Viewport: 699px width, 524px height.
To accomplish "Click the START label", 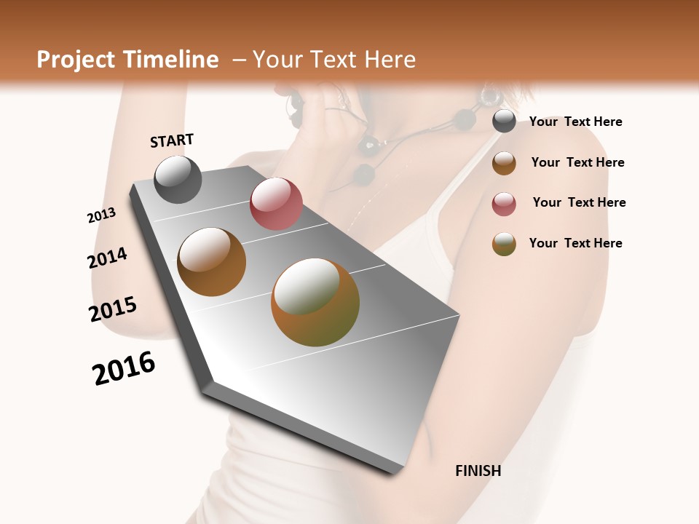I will click(172, 140).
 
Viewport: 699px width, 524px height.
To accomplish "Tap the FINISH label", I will click(478, 471).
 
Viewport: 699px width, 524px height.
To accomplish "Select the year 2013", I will click(101, 215).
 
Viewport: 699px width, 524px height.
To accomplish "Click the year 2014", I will click(107, 258).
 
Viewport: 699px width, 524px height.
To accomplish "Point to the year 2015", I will click(113, 309).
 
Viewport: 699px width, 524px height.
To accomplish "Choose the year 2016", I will click(124, 368).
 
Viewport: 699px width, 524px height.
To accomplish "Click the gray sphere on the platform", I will click(178, 179).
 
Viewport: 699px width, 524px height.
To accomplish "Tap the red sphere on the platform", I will click(276, 204).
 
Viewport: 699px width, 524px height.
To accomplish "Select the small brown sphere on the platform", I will click(211, 261).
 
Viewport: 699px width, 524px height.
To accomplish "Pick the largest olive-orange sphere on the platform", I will click(315, 302).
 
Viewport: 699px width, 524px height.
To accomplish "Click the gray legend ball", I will click(504, 122).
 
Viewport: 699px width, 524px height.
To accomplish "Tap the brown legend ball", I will click(504, 163).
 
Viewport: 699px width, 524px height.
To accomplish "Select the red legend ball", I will click(504, 204).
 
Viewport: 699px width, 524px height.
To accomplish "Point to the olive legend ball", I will click(504, 244).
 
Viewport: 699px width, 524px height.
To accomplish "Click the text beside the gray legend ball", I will click(575, 122).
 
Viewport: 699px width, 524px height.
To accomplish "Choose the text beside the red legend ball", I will click(579, 202).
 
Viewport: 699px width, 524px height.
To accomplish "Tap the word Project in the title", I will click(75, 60).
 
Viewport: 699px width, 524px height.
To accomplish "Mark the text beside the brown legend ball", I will click(577, 162).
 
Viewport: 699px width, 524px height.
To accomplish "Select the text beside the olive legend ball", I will click(575, 243).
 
